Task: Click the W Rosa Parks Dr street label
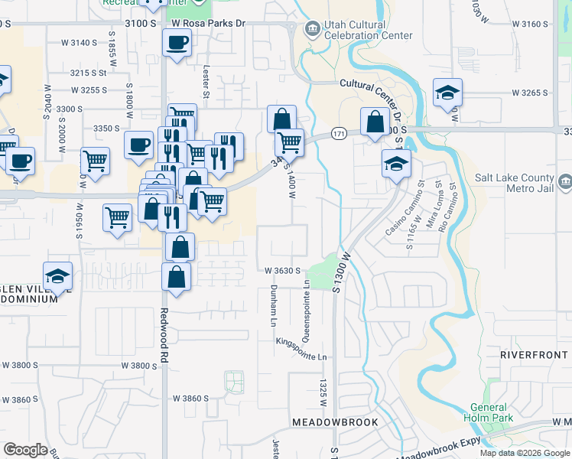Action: (x=208, y=24)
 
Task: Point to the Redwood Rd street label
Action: (x=164, y=336)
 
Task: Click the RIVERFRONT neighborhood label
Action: (x=535, y=356)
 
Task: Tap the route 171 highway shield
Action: (x=339, y=134)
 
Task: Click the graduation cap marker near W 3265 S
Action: (x=447, y=93)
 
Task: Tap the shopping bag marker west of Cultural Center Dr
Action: (x=374, y=122)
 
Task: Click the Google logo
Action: (x=25, y=449)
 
